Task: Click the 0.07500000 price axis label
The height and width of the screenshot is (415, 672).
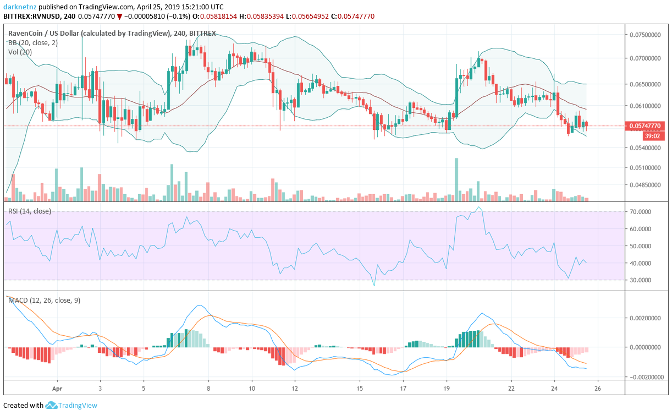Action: (645, 34)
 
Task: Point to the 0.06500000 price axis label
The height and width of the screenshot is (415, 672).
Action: (645, 84)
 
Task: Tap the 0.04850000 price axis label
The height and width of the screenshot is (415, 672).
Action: (645, 185)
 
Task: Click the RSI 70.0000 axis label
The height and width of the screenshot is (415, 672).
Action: (641, 212)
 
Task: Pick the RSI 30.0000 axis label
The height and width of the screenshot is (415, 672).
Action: (641, 280)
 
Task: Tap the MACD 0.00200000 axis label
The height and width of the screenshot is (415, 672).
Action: (645, 318)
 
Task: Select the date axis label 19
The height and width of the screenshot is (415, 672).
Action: (447, 387)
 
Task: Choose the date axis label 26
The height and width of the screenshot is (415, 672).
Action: (598, 387)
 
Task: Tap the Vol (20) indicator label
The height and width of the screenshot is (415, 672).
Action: (20, 52)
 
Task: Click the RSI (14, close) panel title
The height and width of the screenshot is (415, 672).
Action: (29, 211)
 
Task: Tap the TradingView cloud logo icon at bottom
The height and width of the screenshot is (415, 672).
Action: (52, 406)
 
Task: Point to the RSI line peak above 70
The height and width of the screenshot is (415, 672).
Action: (480, 207)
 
